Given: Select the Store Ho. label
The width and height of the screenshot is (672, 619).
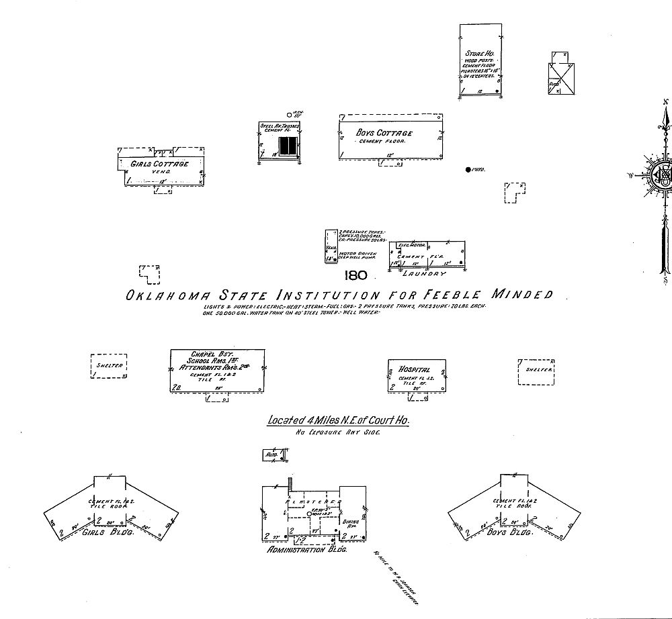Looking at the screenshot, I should (x=480, y=53).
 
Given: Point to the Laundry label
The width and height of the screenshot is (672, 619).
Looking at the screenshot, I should (x=424, y=274).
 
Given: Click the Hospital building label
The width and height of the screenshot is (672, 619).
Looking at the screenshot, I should (x=414, y=370).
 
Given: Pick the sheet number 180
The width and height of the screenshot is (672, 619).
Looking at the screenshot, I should (x=354, y=275).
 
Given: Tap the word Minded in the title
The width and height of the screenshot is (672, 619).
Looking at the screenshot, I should (x=521, y=294).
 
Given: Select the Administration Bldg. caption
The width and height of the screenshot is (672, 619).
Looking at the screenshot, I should (x=306, y=549).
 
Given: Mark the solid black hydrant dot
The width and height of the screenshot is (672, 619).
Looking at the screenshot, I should (x=468, y=170).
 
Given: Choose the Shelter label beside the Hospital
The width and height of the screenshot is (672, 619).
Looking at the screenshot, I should (x=539, y=370).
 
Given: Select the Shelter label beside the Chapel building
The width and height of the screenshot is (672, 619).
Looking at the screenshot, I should (x=109, y=366).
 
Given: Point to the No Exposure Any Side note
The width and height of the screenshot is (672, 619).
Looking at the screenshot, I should (x=338, y=433).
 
